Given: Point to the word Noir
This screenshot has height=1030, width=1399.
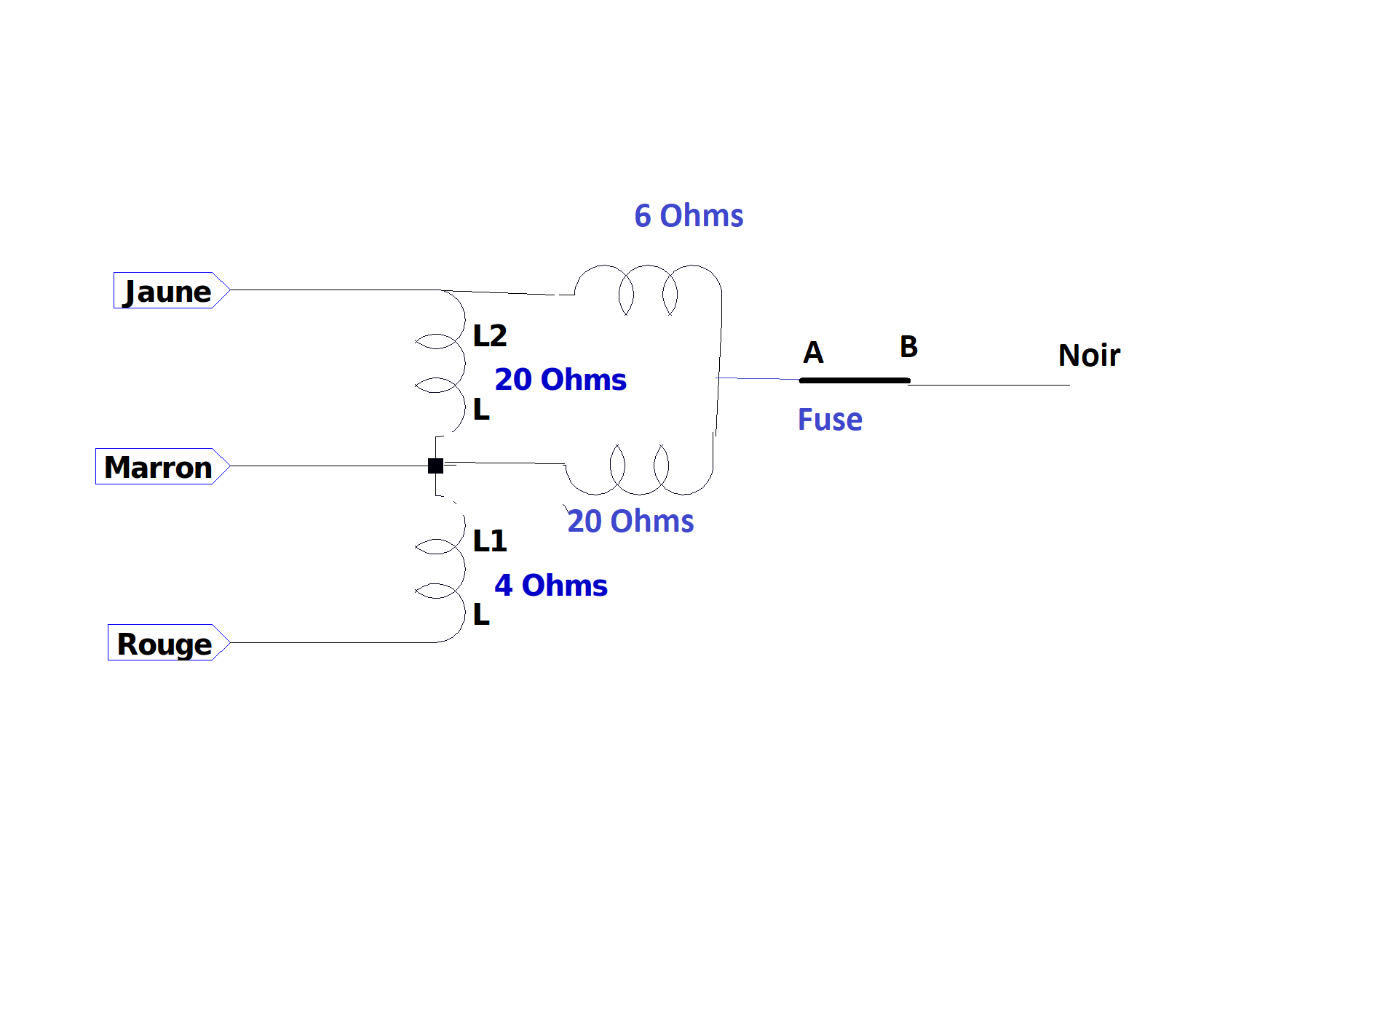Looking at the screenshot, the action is click(1089, 355).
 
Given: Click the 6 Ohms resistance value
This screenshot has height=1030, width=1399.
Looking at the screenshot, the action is click(689, 215).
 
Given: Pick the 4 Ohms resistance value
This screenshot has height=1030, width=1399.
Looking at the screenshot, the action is click(551, 585).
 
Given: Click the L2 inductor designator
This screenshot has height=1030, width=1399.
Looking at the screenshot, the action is click(490, 335).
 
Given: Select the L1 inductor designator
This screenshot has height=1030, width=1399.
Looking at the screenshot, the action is click(490, 540).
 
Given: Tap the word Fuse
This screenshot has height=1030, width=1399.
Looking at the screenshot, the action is click(830, 420).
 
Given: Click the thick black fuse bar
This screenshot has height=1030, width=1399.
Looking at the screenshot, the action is click(855, 380).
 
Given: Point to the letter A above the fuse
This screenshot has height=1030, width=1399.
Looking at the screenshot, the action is click(814, 353).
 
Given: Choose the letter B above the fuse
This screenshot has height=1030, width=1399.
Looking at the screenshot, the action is click(908, 346).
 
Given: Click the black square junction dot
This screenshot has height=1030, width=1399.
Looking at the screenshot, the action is click(435, 466).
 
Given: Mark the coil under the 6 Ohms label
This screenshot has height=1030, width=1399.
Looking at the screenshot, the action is click(648, 266).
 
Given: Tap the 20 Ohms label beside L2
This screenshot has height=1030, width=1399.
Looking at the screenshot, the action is click(560, 379).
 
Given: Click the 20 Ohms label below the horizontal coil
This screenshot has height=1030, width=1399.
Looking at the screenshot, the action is click(630, 521).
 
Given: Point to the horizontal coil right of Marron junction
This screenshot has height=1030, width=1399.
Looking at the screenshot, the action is click(639, 493).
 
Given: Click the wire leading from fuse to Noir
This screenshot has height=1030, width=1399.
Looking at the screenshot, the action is click(989, 385).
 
